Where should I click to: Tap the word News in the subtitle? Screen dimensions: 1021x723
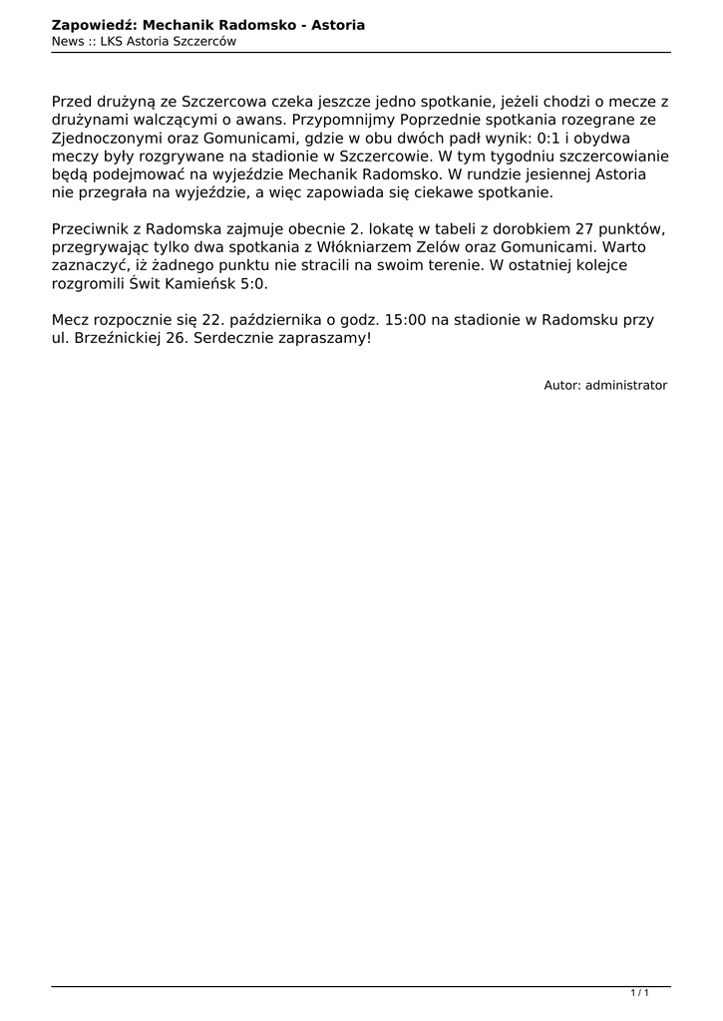tap(67, 41)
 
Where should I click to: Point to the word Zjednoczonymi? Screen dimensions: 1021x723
tap(106, 138)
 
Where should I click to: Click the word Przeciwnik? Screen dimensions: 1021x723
tap(90, 229)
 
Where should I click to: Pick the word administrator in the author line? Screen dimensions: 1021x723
tap(626, 385)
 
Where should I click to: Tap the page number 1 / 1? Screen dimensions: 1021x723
tap(640, 993)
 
